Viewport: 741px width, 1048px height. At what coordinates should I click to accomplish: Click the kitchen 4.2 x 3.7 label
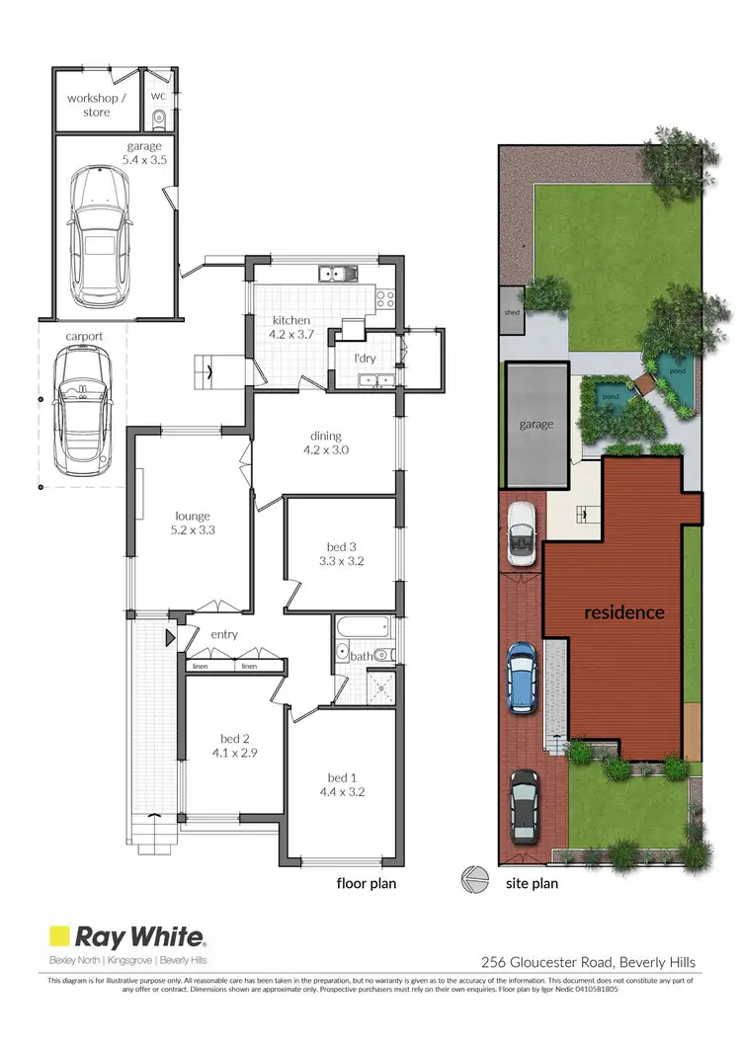point(291,327)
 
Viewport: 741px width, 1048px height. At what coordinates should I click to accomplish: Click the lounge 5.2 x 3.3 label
point(193,523)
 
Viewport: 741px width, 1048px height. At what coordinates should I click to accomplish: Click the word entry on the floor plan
point(224,634)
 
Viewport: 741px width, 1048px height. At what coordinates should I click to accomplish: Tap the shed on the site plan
point(512,313)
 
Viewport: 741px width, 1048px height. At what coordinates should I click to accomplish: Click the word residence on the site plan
point(623,612)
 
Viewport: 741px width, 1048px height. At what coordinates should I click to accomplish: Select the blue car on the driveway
point(522,677)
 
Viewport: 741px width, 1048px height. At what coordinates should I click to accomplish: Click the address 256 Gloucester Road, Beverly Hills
point(587,962)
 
